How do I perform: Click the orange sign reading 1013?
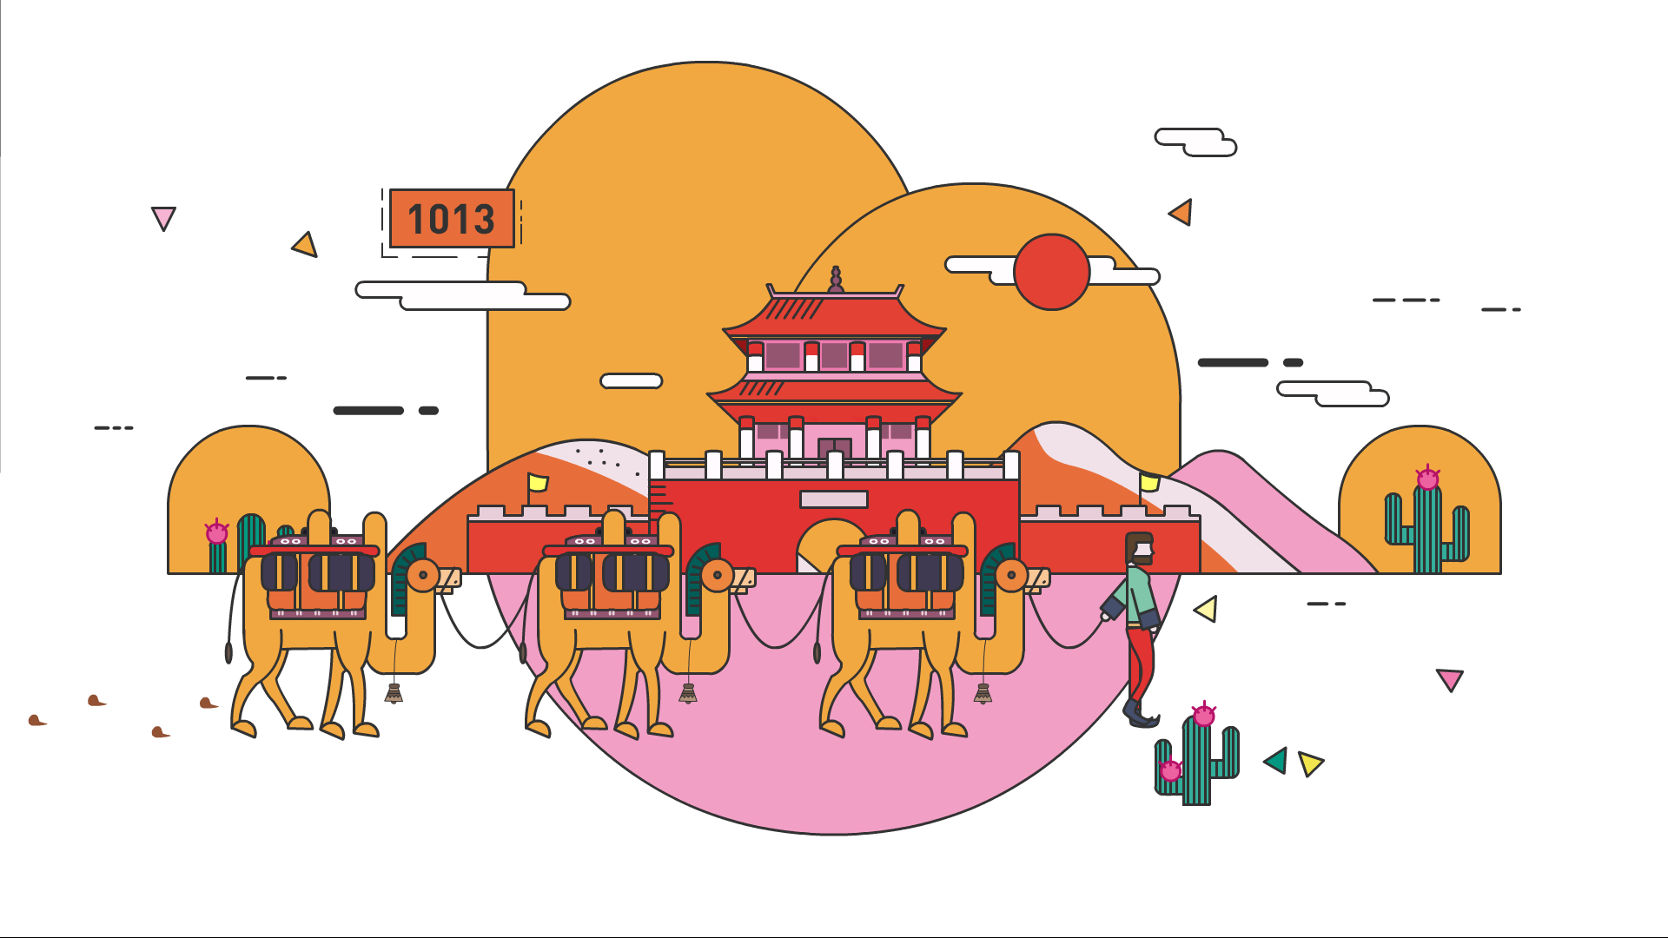[x=452, y=218]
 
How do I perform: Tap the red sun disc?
[x=1052, y=272]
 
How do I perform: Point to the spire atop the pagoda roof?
[x=836, y=280]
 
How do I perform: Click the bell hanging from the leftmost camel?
[x=394, y=693]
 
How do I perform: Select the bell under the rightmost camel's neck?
[x=983, y=693]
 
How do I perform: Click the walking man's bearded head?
[x=1139, y=549]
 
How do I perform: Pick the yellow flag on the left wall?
[x=538, y=482]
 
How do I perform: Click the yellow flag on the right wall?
[x=1149, y=482]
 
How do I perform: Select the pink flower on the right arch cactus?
[x=1427, y=478]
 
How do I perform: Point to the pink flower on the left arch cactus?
[x=216, y=532]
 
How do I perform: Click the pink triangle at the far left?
[x=163, y=217]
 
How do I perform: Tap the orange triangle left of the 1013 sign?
[x=305, y=245]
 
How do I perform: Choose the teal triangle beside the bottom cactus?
[x=1276, y=760]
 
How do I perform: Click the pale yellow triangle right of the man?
[x=1207, y=609]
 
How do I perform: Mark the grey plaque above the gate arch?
[x=834, y=499]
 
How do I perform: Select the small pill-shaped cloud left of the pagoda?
[x=632, y=380]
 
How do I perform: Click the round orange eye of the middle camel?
[x=717, y=575]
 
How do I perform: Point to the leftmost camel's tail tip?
[x=228, y=652]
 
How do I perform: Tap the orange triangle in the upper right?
[x=1181, y=212]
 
